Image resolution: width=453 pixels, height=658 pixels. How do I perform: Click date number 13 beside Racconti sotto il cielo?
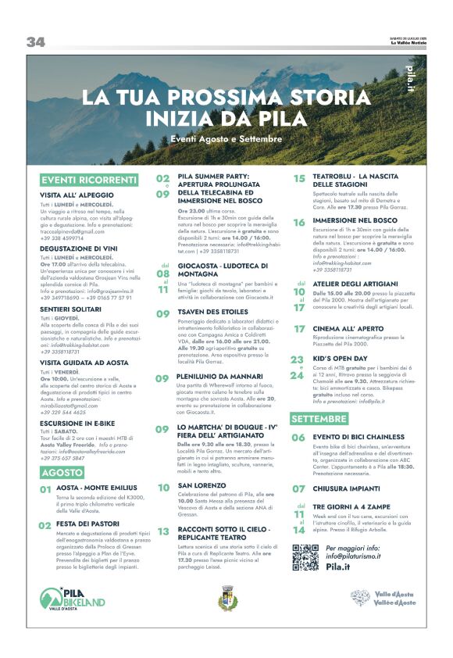point(163,531)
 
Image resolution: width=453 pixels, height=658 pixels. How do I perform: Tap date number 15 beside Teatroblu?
point(298,178)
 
